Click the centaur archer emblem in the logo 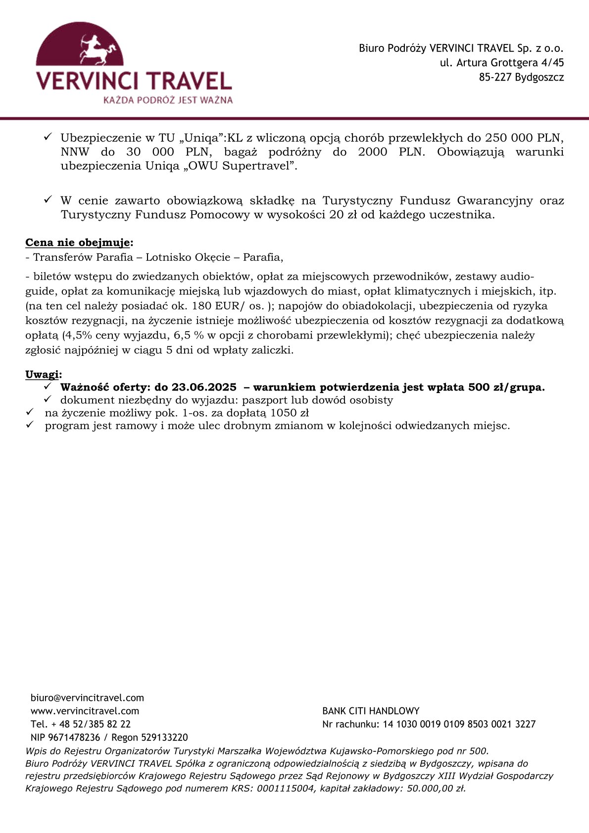coord(94,49)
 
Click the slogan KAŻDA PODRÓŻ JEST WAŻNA coord(168,100)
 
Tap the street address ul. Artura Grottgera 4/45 coord(502,63)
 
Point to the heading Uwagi coord(43,374)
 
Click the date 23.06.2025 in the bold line coord(204,387)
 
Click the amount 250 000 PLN coord(524,138)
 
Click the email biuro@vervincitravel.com coord(87,698)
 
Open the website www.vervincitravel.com coord(85,711)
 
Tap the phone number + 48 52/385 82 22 coord(91,724)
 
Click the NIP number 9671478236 coord(74,737)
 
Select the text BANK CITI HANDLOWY coord(371,711)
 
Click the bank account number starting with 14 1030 coord(459,724)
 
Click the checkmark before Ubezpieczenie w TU coord(48,137)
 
